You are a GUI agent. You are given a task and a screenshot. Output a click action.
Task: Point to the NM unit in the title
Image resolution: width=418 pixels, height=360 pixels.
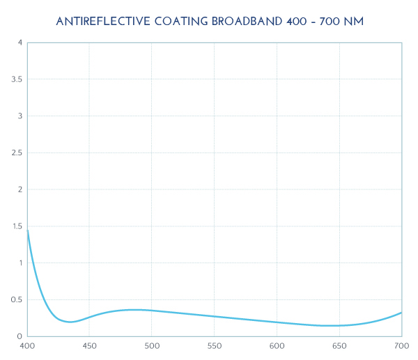tap(353, 22)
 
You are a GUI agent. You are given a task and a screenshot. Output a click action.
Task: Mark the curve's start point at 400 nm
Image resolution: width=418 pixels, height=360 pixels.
tap(27, 229)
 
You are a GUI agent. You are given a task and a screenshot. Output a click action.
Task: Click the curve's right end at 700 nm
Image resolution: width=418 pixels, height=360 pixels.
tap(401, 313)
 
